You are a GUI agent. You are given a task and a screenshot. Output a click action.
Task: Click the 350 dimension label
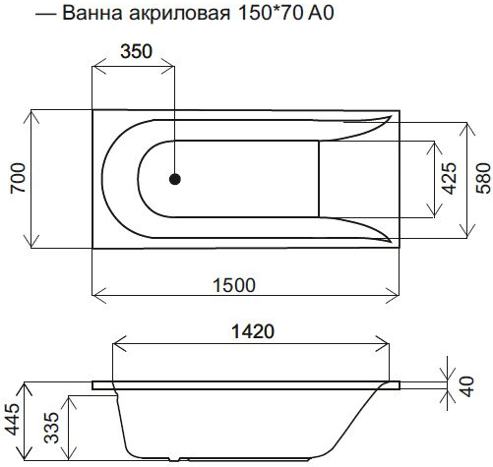[136, 51]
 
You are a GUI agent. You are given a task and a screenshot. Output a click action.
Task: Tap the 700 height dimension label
[18, 178]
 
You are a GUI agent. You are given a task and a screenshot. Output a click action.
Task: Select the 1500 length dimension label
[234, 285]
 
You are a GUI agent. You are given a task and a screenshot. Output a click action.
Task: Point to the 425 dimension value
[449, 178]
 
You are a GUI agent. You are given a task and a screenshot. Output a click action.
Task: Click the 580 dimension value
[484, 178]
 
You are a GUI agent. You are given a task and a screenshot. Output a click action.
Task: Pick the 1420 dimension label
[253, 331]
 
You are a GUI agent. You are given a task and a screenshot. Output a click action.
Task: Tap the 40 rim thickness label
[467, 386]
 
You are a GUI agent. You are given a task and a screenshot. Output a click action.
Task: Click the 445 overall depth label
[13, 419]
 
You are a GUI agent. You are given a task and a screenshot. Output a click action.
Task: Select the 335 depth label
[52, 428]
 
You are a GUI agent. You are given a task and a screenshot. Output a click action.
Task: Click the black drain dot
[175, 179]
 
